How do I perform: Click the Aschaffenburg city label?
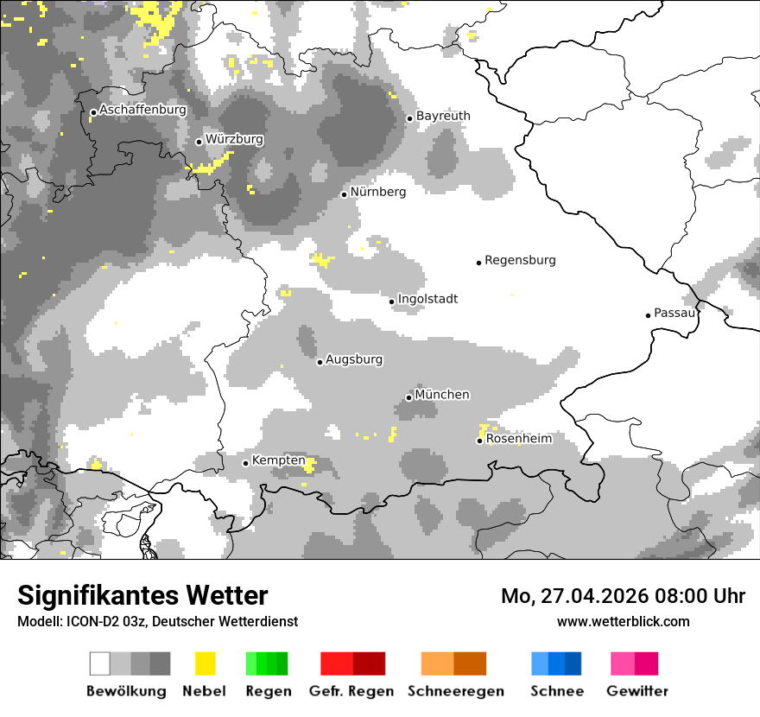[142, 111]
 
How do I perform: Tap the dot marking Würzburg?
[199, 142]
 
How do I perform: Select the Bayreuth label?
[443, 116]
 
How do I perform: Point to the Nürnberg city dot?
[344, 194]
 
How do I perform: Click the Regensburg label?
[520, 260]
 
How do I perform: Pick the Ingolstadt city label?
[427, 299]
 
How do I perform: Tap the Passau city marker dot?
[648, 315]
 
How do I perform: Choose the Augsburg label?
[354, 359]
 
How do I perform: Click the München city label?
[442, 395]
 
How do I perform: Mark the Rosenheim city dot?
[479, 441]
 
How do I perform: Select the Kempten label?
[279, 460]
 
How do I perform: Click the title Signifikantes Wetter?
[142, 595]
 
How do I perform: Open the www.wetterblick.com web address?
[623, 621]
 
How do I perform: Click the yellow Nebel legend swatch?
[205, 663]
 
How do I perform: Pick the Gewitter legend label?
[636, 691]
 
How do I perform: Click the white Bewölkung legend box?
[100, 663]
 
